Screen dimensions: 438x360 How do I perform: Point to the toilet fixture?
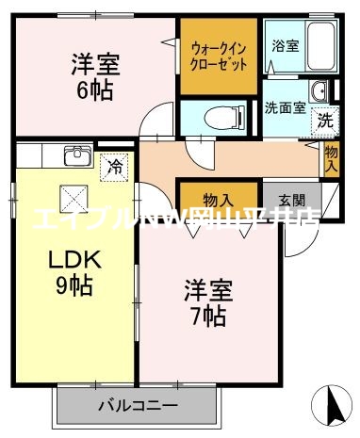[x=216, y=119]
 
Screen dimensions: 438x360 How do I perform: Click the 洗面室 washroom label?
[x=284, y=107]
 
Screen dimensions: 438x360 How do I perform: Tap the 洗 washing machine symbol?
[x=324, y=120]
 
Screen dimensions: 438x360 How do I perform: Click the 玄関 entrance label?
[x=291, y=200]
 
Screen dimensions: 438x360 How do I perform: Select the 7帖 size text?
[x=204, y=316]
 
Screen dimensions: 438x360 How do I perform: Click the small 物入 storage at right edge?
[x=331, y=157]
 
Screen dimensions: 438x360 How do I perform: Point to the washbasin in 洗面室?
[x=319, y=92]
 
